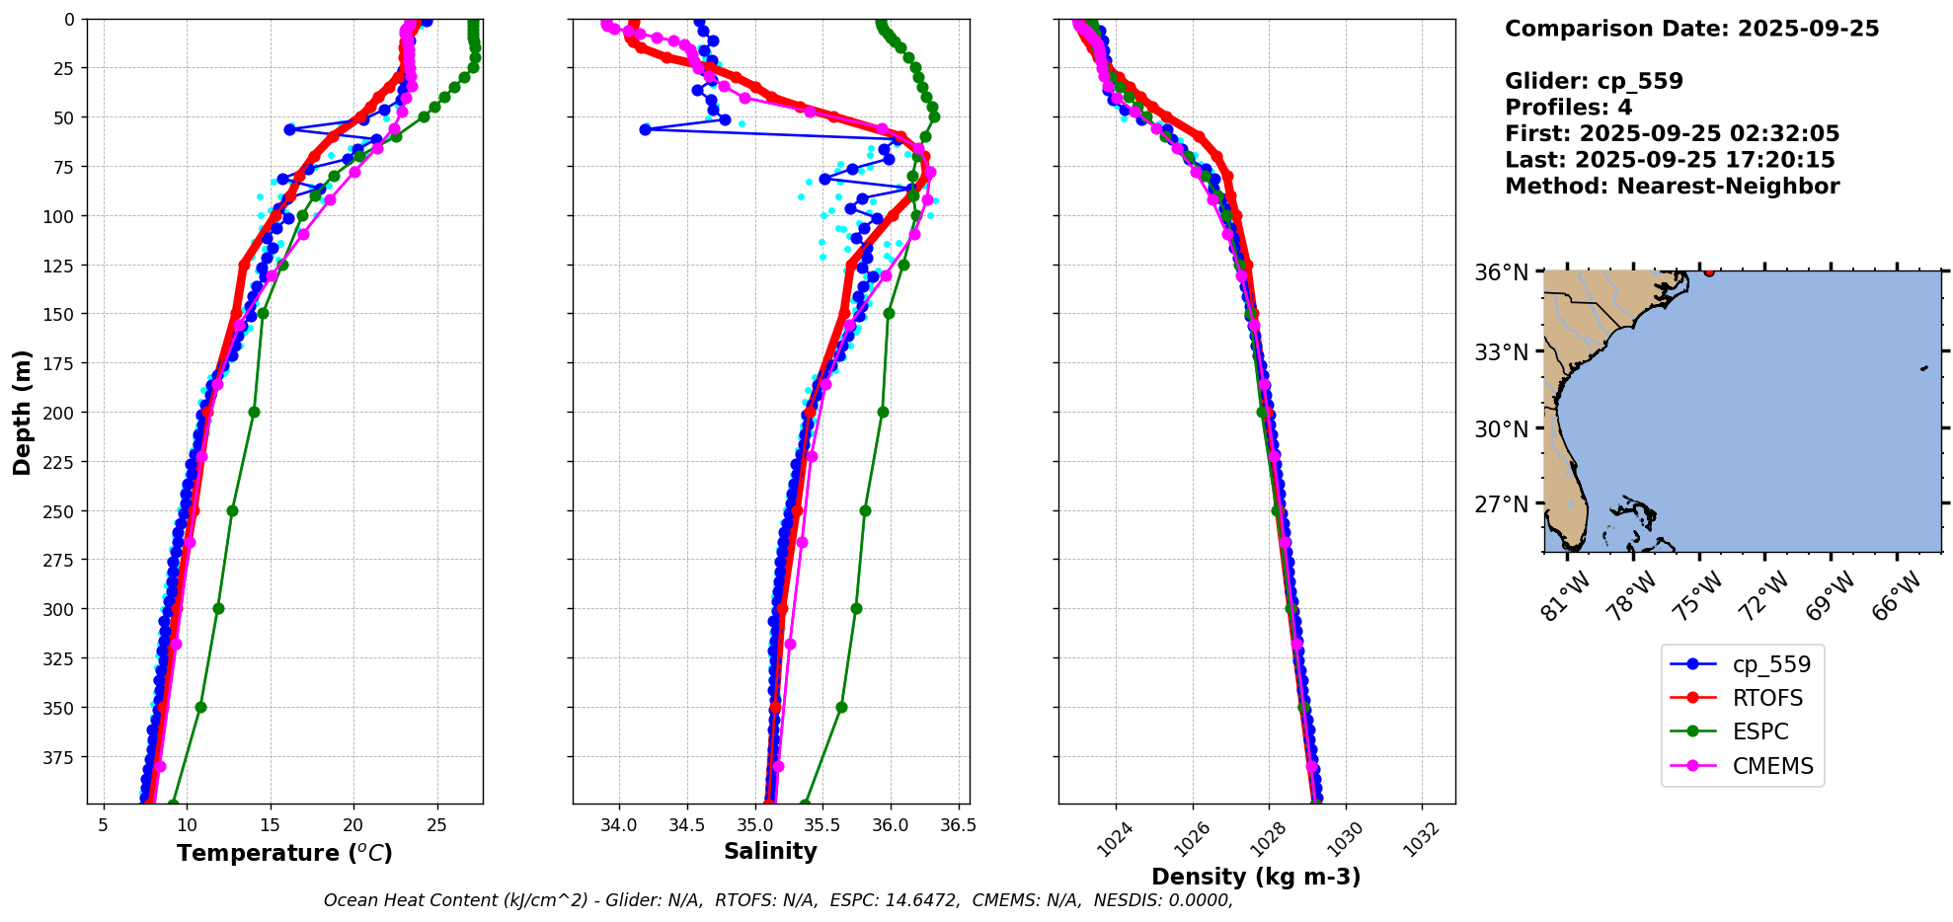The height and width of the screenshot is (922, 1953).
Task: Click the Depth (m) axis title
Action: pos(22,412)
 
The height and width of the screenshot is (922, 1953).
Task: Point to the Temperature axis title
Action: pos(284,853)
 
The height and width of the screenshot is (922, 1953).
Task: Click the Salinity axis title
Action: pos(770,851)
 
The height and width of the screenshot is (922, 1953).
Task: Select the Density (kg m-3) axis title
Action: pos(1256,877)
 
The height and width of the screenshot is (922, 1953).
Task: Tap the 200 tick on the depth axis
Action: pos(61,413)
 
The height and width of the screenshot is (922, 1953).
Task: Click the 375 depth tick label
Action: pos(61,757)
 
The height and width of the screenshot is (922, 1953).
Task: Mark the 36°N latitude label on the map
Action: pos(1501,272)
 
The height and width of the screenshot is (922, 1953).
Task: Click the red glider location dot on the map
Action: pos(1709,271)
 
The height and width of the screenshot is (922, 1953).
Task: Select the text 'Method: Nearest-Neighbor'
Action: pos(1672,187)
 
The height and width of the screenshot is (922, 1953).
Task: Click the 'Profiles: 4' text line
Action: pos(1568,108)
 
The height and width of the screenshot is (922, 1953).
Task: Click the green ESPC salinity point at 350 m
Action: pos(841,707)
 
